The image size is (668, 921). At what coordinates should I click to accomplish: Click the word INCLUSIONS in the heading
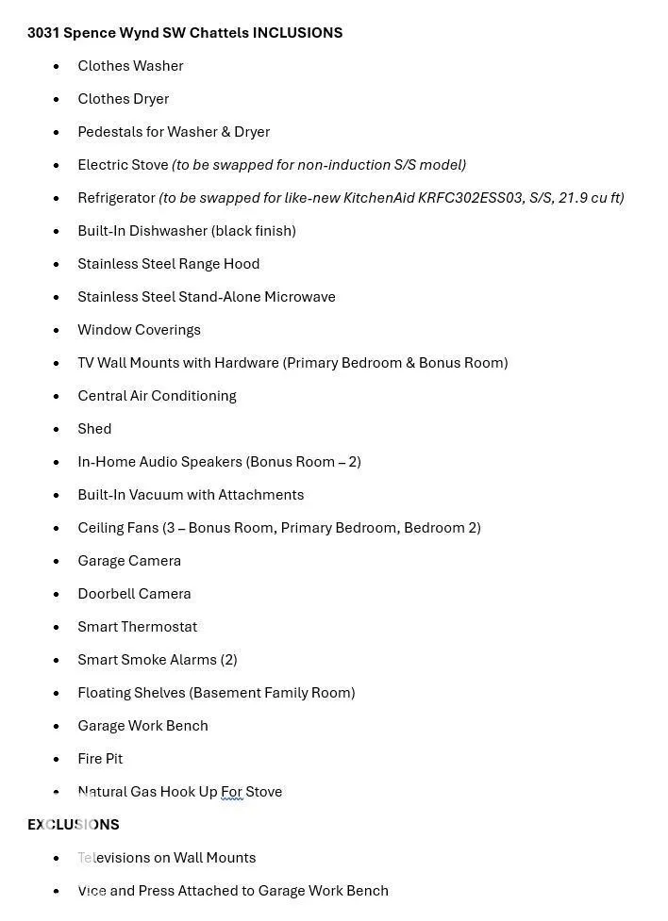297,33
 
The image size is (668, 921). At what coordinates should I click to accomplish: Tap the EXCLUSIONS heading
74,825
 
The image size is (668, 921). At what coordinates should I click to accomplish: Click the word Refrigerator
116,198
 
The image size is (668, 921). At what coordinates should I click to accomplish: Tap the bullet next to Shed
57,429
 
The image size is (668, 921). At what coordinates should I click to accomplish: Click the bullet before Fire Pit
57,759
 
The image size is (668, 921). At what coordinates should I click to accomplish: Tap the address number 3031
43,33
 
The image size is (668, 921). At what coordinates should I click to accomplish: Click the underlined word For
232,792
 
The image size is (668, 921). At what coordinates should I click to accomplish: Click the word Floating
105,693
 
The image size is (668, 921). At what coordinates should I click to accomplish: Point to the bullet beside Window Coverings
57,330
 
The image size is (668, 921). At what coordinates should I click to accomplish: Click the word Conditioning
192,396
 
